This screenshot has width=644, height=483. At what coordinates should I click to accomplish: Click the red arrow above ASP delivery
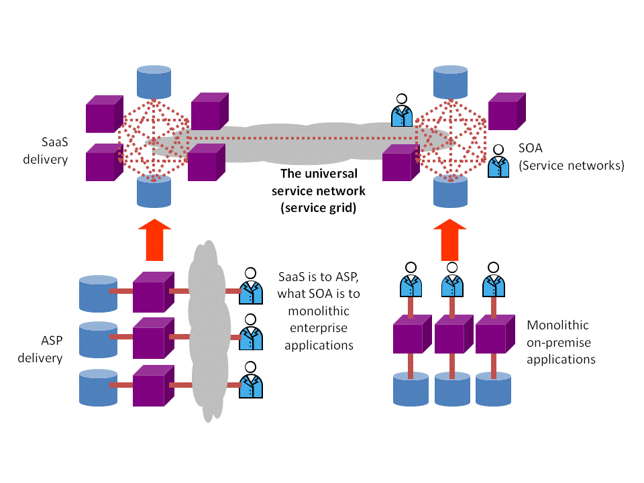click(154, 239)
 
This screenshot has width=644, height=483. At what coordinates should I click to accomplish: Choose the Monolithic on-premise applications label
click(561, 342)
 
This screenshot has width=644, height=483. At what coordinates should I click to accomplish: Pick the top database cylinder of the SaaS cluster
click(154, 80)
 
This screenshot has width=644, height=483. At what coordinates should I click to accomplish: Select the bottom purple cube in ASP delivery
click(153, 386)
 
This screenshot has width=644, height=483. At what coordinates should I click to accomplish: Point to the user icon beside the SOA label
click(498, 162)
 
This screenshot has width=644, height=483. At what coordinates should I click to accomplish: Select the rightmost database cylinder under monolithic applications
click(493, 390)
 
